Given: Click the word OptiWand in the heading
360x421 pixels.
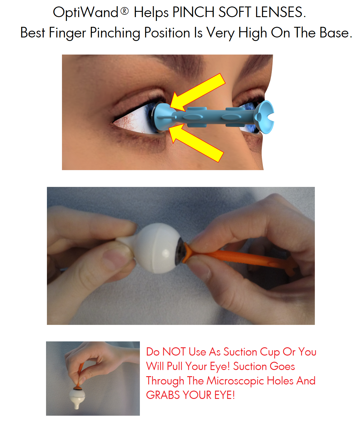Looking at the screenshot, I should (86, 13).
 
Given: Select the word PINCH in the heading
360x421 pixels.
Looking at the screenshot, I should (194, 13).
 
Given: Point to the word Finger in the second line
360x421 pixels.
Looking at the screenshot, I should (67, 33).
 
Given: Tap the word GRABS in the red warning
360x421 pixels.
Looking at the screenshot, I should (163, 395).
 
